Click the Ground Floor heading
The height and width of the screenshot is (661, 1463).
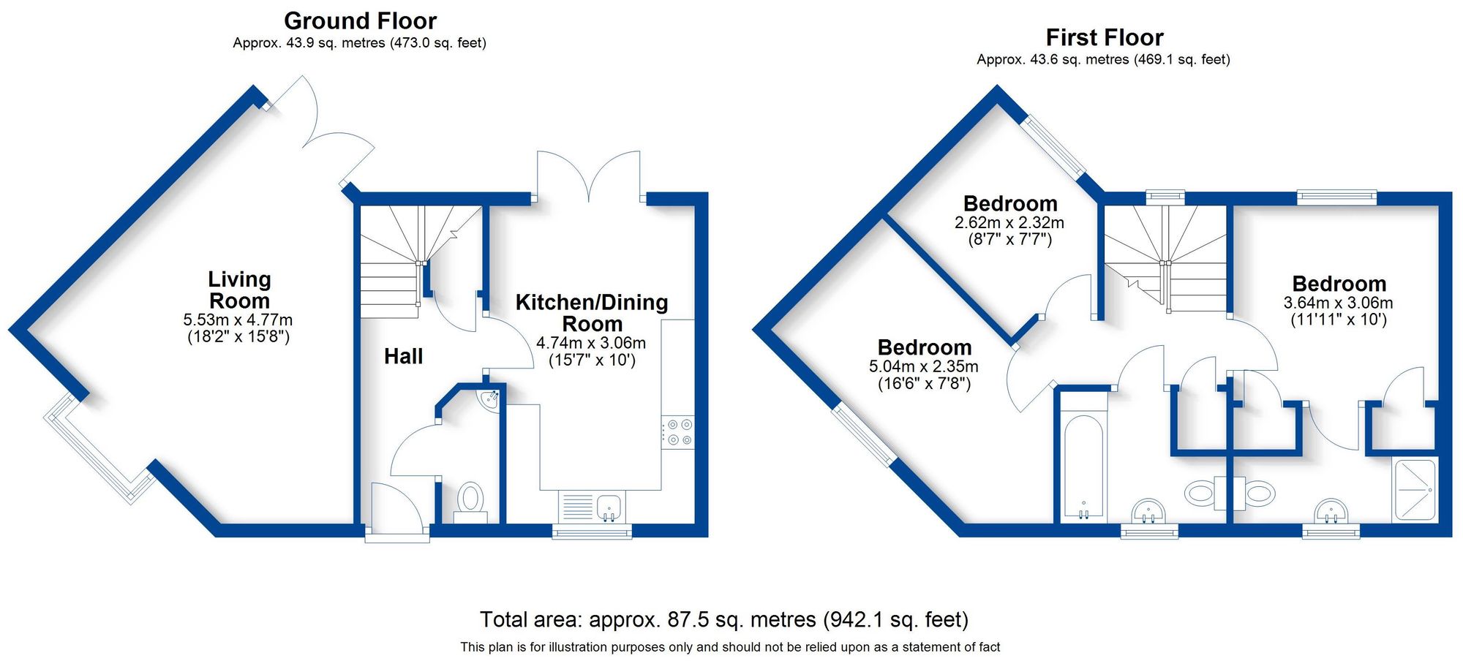tap(360, 20)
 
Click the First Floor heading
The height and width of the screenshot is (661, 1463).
tap(1104, 37)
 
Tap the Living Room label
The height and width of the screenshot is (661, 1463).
tap(239, 290)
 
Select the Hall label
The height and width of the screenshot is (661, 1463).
tap(403, 356)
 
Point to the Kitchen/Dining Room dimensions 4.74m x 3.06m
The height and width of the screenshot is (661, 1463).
tap(591, 343)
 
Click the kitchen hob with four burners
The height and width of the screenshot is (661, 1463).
tap(677, 432)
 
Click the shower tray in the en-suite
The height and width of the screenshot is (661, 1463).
tap(1415, 489)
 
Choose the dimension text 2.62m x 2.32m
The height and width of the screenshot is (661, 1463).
tap(1009, 222)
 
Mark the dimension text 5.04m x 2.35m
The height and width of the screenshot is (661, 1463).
tap(923, 366)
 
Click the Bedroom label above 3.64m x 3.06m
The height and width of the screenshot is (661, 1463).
tap(1339, 284)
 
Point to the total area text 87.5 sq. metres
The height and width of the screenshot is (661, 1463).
tap(723, 619)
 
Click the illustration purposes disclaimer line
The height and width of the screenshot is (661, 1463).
tap(729, 647)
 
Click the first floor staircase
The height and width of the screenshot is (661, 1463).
tap(1165, 256)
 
